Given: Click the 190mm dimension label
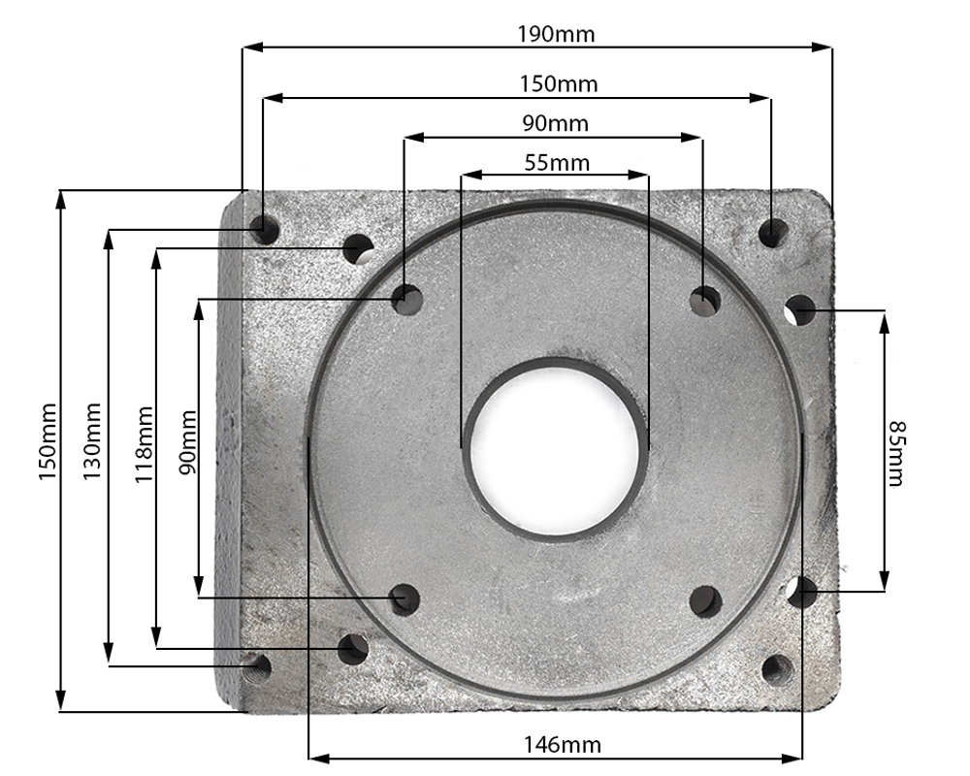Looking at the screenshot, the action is tap(556, 34).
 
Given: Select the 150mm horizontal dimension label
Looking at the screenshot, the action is tap(559, 84).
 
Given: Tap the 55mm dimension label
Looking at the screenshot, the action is tap(557, 163).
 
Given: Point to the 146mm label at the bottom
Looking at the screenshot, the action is tap(563, 744).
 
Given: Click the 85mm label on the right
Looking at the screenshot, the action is tap(896, 454).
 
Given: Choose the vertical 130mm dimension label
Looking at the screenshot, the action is tap(91, 441).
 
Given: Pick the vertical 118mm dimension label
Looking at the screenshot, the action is tap(144, 445).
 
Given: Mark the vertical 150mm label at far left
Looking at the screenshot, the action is tap(47, 441).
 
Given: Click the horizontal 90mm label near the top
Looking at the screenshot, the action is tap(555, 124).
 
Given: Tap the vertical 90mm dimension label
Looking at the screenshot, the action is tap(187, 442).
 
